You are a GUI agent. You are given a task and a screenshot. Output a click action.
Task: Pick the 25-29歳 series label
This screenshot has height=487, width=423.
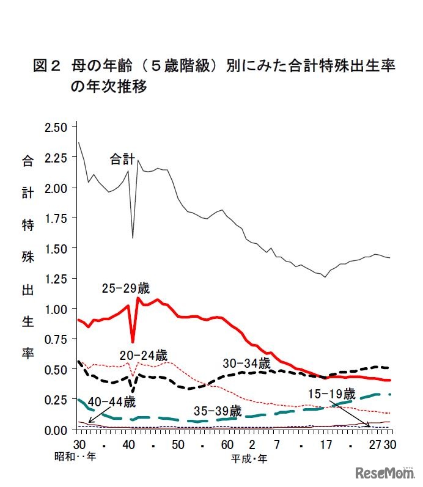click(x=125, y=288)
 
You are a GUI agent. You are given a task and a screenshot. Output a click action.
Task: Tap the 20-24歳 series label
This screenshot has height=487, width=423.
click(x=143, y=355)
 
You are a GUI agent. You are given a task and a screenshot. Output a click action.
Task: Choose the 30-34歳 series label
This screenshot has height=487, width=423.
click(x=246, y=363)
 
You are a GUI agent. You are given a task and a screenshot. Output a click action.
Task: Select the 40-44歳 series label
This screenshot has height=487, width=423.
click(x=112, y=402)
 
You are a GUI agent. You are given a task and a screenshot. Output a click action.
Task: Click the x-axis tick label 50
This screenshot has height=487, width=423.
click(x=177, y=444)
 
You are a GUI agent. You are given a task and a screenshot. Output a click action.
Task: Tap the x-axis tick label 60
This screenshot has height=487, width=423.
click(x=227, y=444)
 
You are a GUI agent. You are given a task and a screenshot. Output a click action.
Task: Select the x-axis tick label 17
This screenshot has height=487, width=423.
click(x=326, y=444)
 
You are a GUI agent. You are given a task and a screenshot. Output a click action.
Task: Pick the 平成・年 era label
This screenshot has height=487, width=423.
click(x=249, y=457)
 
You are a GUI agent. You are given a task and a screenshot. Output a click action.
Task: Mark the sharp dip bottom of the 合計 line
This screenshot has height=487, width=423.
click(x=133, y=238)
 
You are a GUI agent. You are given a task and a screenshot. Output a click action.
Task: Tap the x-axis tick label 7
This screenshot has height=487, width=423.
click(x=276, y=444)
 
